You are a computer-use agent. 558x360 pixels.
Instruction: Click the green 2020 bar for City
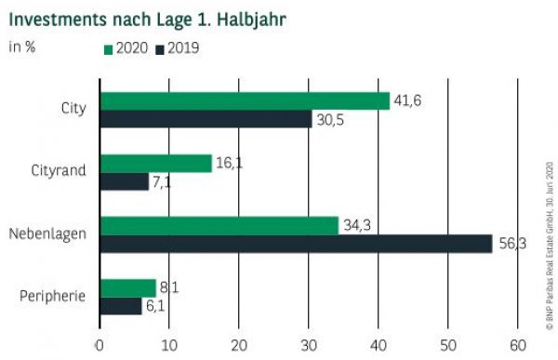pyautogui.click(x=245, y=101)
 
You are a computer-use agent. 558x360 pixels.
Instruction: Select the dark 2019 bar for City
pyautogui.click(x=206, y=119)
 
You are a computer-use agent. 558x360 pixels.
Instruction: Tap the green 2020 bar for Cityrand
pyautogui.click(x=155, y=164)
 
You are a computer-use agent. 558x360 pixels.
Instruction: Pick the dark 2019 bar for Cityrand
pyautogui.click(x=124, y=181)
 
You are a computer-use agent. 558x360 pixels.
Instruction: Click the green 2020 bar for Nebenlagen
pyautogui.click(x=219, y=226)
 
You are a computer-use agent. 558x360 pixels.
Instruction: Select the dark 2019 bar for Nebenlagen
pyautogui.click(x=296, y=244)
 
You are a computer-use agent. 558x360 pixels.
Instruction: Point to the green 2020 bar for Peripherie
pyautogui.click(x=127, y=287)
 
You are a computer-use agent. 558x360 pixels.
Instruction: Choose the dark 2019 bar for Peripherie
pyautogui.click(x=121, y=305)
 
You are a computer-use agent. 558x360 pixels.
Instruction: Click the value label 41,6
pyautogui.click(x=406, y=100)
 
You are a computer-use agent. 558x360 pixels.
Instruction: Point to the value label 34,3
pyautogui.click(x=355, y=225)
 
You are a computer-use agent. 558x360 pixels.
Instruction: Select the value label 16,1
pyautogui.click(x=229, y=163)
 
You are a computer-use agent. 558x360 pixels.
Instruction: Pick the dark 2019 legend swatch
pyautogui.click(x=160, y=47)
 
